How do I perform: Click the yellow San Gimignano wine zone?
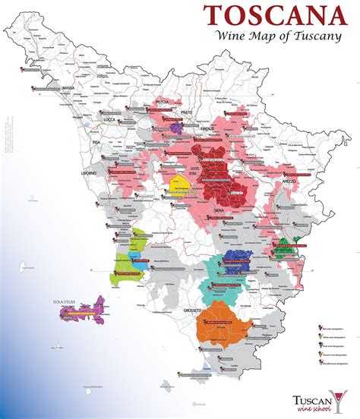tap(180, 187)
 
